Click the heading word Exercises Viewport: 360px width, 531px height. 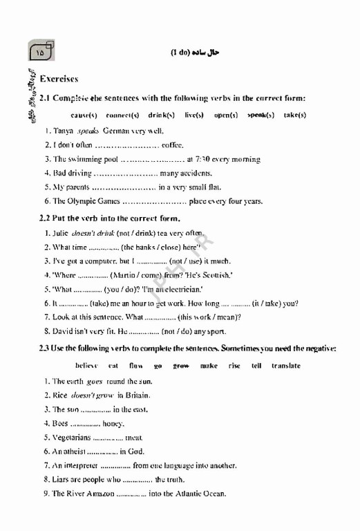pyautogui.click(x=59, y=80)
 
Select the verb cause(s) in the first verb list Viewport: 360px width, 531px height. pyautogui.click(x=84, y=115)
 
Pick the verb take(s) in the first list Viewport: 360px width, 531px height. pyautogui.click(x=295, y=115)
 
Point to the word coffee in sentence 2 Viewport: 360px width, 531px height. pyautogui.click(x=172, y=145)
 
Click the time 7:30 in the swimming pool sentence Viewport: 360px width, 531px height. pyautogui.click(x=206, y=159)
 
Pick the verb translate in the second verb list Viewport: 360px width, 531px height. pyautogui.click(x=285, y=366)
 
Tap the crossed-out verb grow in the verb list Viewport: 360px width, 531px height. pyautogui.click(x=181, y=366)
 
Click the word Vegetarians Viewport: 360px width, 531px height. pyautogui.click(x=71, y=438)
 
